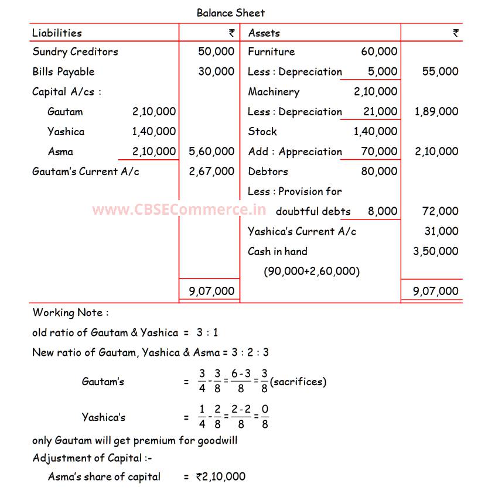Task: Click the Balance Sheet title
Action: (230, 12)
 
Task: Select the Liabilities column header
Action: (57, 33)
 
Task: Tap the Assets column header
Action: (264, 33)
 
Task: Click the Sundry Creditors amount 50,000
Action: (216, 52)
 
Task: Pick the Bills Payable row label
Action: (63, 71)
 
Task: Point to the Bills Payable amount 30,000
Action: (216, 71)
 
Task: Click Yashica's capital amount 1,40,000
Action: (153, 132)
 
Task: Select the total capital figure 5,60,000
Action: (211, 152)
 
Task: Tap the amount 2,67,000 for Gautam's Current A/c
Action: (211, 171)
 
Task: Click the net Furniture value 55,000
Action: (440, 71)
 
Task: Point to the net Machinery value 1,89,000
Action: (436, 112)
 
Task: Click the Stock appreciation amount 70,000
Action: (379, 152)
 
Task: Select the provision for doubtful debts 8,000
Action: (382, 211)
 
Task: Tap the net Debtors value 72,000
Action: (440, 211)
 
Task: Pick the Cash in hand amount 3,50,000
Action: (436, 251)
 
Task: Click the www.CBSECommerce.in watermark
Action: (179, 209)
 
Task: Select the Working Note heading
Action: (70, 313)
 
